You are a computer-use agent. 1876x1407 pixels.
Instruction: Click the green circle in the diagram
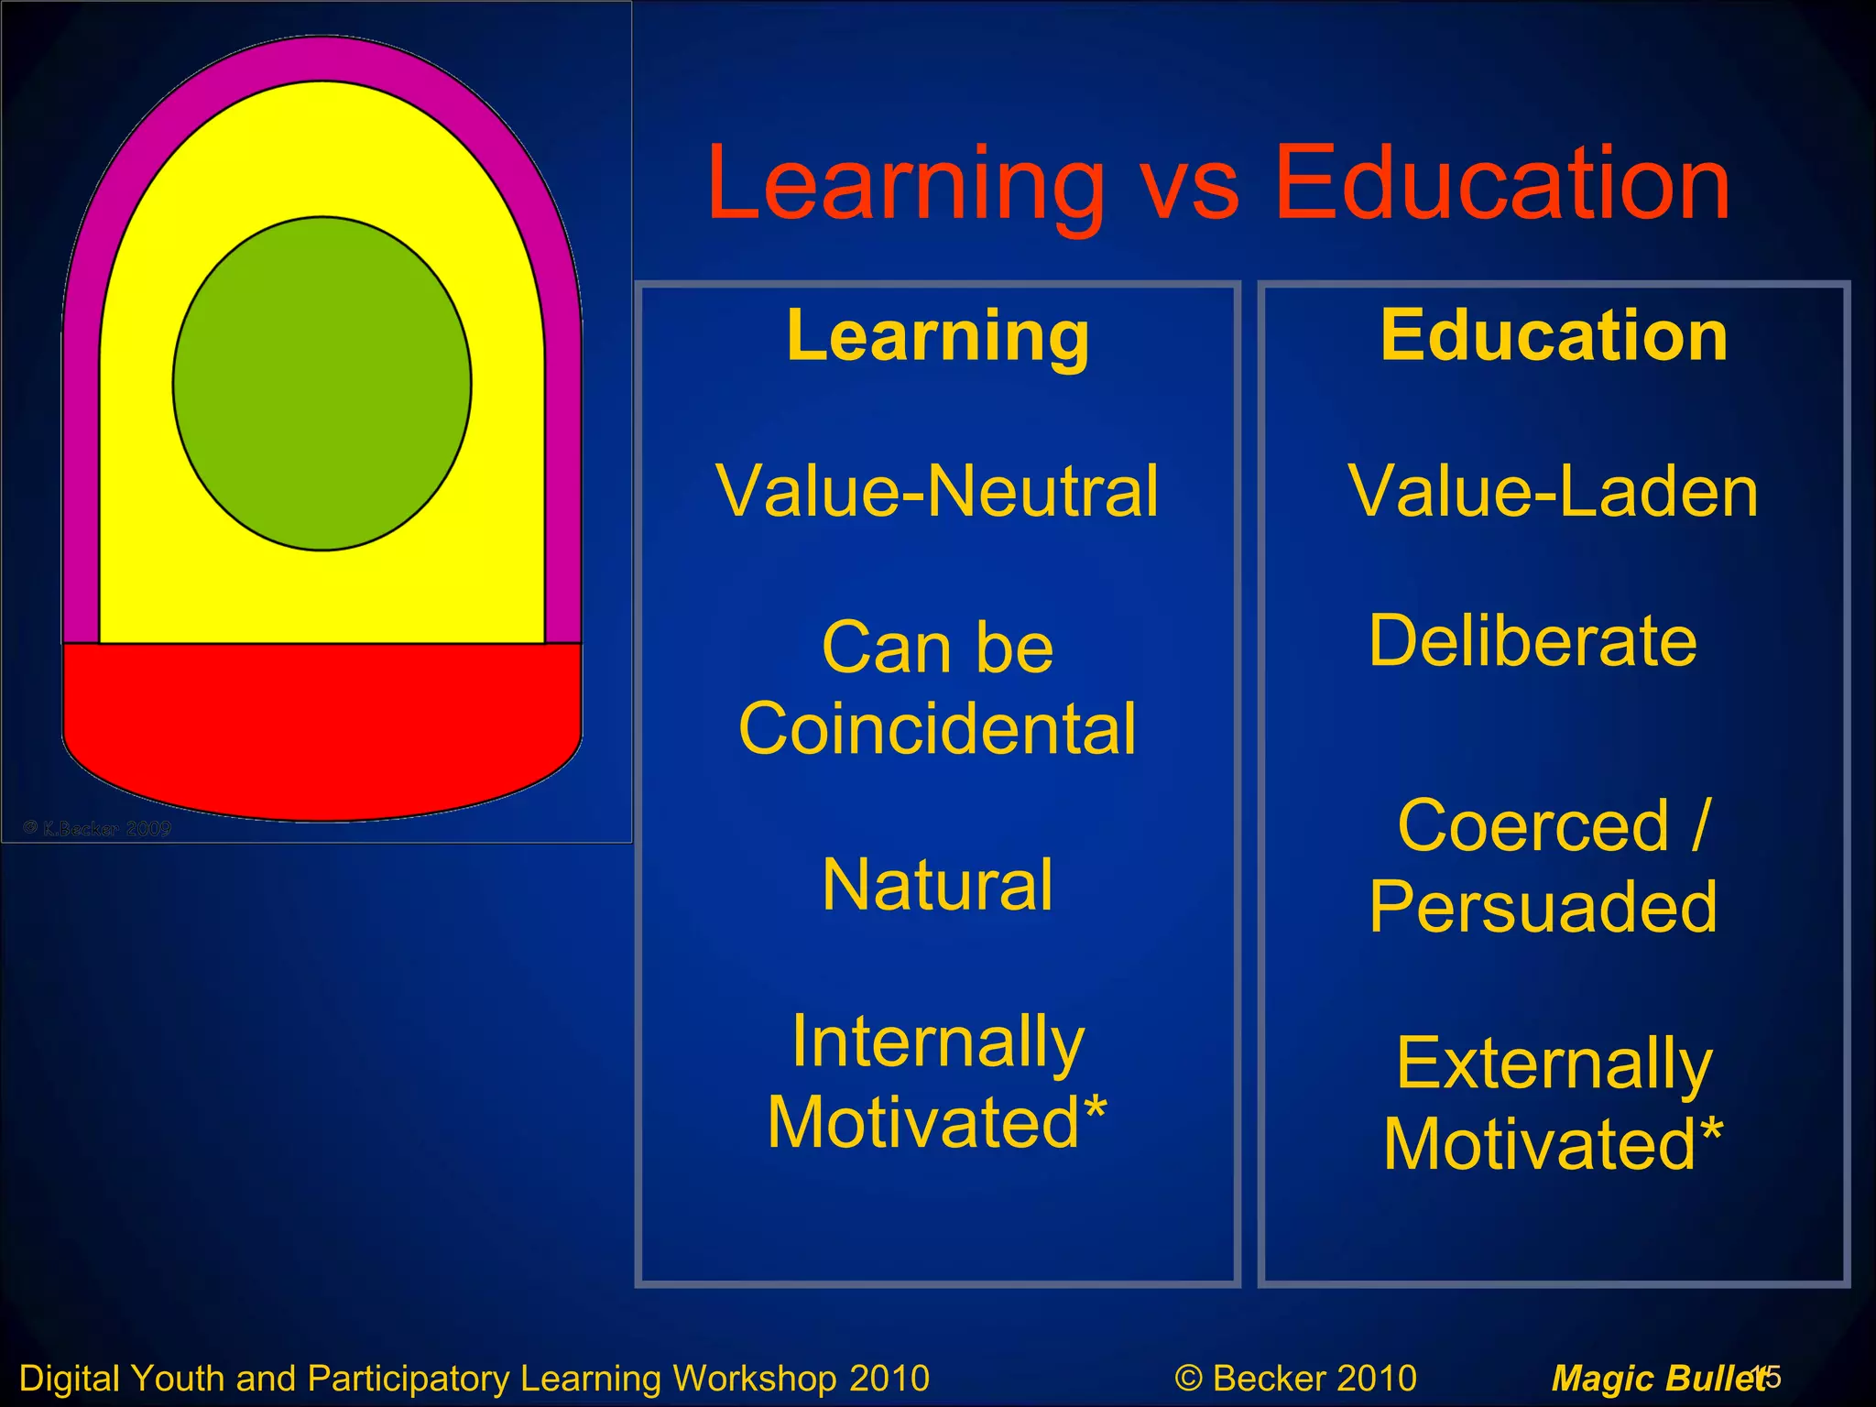click(x=322, y=383)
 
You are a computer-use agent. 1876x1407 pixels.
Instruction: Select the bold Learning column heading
click(x=937, y=336)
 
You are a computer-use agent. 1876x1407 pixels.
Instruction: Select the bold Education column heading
click(x=1554, y=336)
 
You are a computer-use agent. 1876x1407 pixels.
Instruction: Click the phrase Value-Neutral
click(x=937, y=492)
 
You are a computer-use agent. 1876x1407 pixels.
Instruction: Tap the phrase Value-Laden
click(x=1554, y=492)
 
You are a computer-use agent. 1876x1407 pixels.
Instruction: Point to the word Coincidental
click(x=937, y=729)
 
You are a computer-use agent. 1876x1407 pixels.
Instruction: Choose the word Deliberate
click(x=1532, y=641)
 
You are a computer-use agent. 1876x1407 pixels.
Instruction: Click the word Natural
click(x=937, y=885)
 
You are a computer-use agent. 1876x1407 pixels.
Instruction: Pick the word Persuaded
click(x=1543, y=907)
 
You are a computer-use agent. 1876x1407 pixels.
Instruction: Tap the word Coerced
click(x=1533, y=826)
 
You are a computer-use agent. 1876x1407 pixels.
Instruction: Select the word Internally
click(x=937, y=1042)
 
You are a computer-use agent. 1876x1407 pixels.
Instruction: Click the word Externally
click(x=1554, y=1064)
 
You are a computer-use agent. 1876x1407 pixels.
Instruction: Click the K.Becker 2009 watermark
click(x=98, y=829)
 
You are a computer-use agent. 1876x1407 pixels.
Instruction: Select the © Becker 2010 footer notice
click(x=1295, y=1378)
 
